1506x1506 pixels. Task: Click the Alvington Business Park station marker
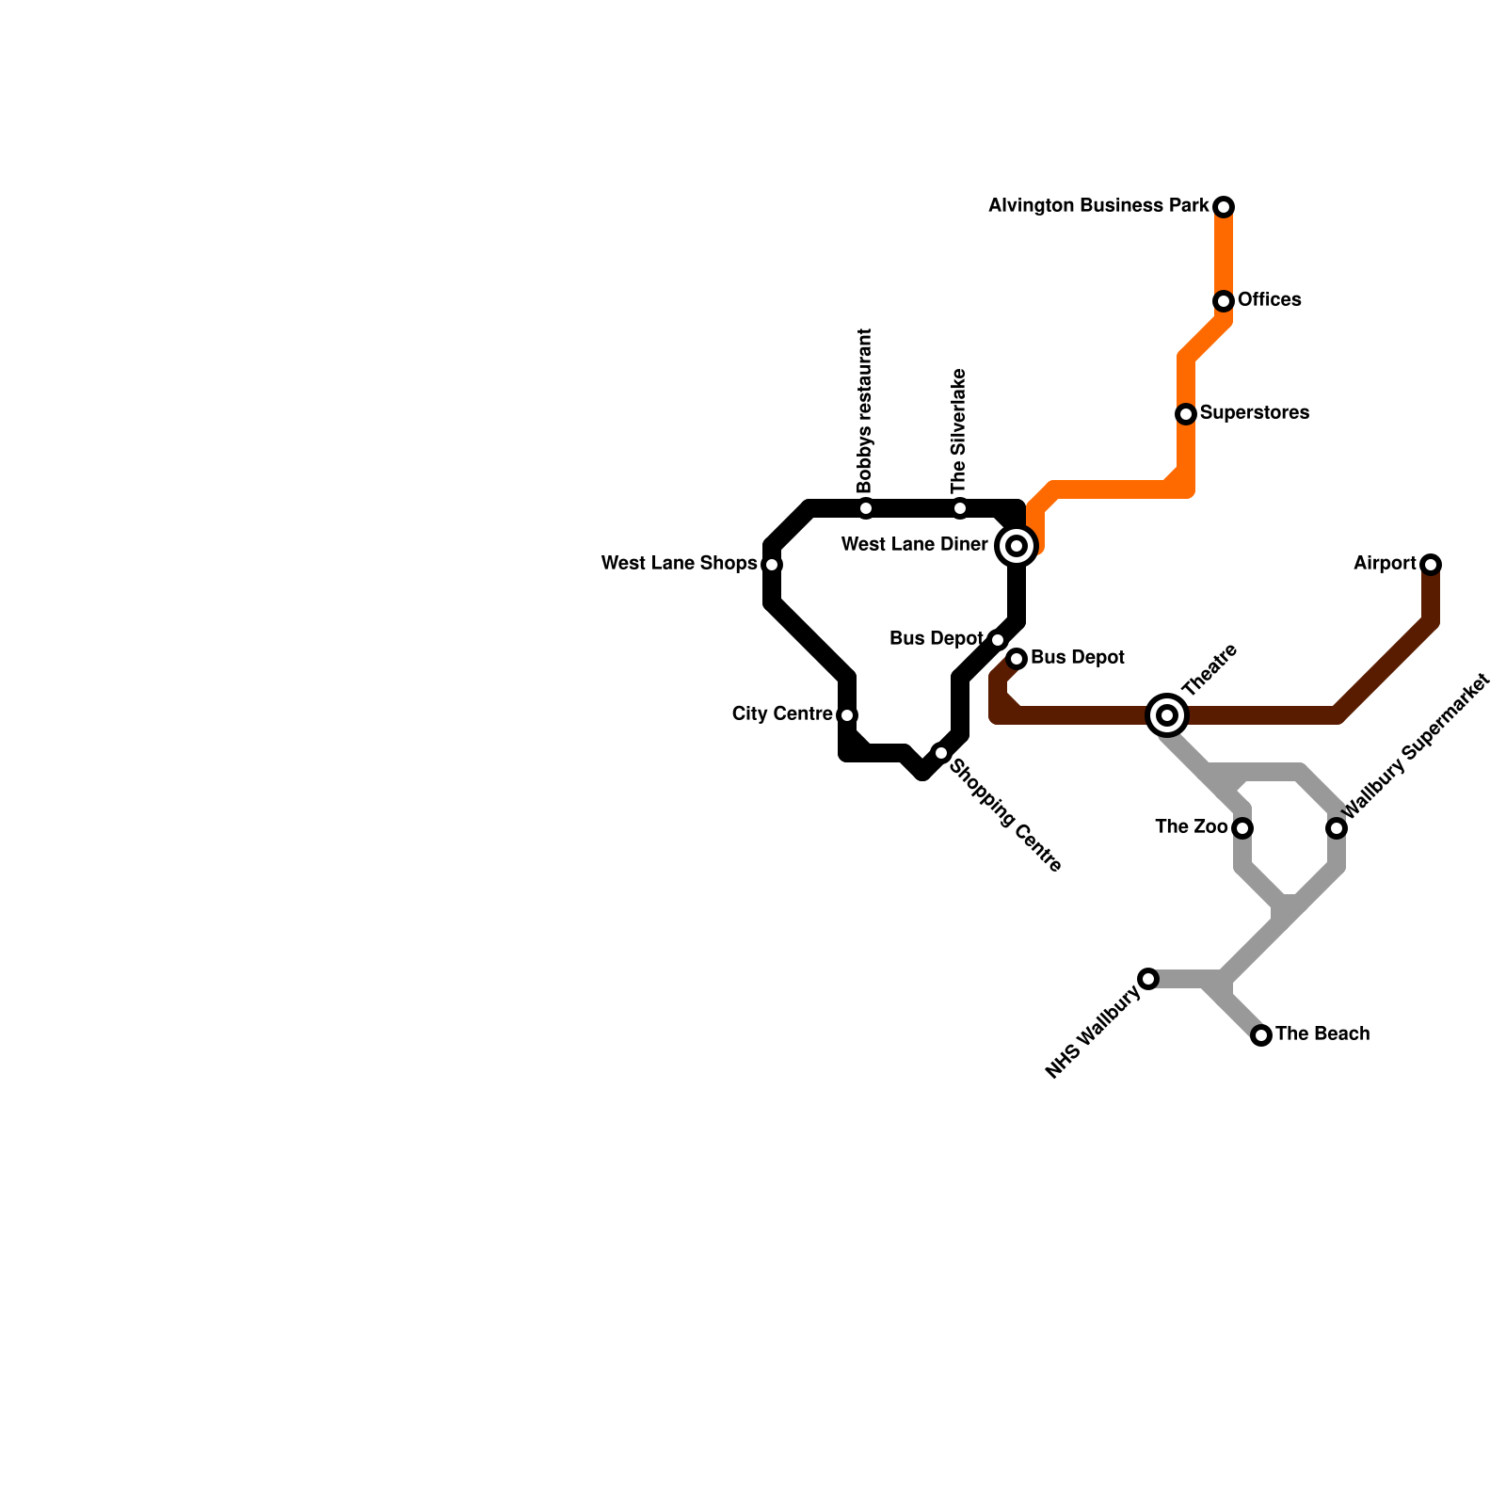tap(1224, 207)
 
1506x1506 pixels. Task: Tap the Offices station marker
tap(1224, 301)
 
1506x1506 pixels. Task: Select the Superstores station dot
tap(1186, 414)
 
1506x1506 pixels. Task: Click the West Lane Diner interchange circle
tap(1017, 546)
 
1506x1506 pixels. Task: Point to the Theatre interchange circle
tap(1167, 715)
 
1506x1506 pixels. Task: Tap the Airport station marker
tap(1431, 565)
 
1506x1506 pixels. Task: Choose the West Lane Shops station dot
tap(772, 565)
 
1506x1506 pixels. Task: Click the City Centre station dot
tap(847, 715)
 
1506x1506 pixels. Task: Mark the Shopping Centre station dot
tap(941, 753)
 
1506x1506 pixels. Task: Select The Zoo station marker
tap(1242, 828)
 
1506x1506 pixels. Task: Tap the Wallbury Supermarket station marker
tap(1337, 828)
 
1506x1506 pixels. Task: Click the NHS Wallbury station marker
tap(1148, 979)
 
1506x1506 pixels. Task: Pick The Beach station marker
tap(1261, 1035)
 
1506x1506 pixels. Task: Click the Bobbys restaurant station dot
tap(866, 509)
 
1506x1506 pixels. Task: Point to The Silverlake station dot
tap(960, 509)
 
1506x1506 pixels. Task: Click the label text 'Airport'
tap(1385, 564)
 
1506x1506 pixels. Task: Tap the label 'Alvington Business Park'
tap(1098, 205)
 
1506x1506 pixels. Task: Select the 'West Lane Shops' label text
tap(679, 564)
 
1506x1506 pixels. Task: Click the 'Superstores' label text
tap(1255, 413)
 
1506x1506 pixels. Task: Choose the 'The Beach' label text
tap(1322, 1034)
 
